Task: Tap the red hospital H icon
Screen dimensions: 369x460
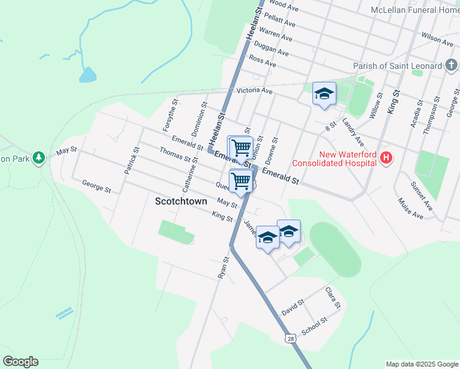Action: click(386, 159)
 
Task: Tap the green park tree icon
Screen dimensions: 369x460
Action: click(39, 158)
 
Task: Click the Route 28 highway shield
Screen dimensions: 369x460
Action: click(290, 338)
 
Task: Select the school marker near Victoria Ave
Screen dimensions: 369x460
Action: click(324, 94)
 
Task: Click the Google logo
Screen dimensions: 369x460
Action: click(20, 362)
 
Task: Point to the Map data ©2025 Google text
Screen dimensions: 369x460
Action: click(422, 364)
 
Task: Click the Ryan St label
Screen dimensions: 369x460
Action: click(223, 268)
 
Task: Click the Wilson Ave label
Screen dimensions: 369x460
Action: click(438, 39)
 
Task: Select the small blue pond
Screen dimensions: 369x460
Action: click(88, 75)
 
